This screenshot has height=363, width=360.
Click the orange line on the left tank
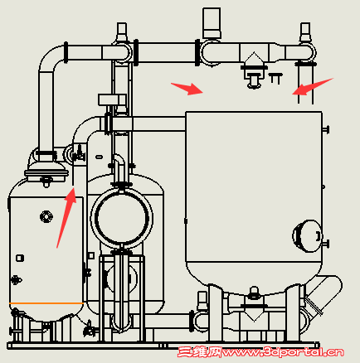click(46, 303)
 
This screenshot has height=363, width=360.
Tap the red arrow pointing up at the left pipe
click(66, 217)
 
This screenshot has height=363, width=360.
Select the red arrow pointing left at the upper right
click(313, 87)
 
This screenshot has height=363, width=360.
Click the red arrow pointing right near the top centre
click(187, 89)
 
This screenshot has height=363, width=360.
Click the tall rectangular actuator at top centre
click(212, 23)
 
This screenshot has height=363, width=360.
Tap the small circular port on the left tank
click(46, 216)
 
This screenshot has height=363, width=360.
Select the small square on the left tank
click(20, 259)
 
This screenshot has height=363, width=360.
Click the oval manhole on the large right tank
click(308, 236)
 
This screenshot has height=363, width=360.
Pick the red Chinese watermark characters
click(200, 352)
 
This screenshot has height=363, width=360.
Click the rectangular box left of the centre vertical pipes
click(112, 99)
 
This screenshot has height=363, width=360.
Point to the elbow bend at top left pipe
click(51, 60)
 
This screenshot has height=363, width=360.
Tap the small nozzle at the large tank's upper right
click(325, 129)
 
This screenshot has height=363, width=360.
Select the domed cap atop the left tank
click(46, 172)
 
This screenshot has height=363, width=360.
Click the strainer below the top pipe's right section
click(254, 70)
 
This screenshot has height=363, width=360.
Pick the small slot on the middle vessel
click(99, 157)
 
